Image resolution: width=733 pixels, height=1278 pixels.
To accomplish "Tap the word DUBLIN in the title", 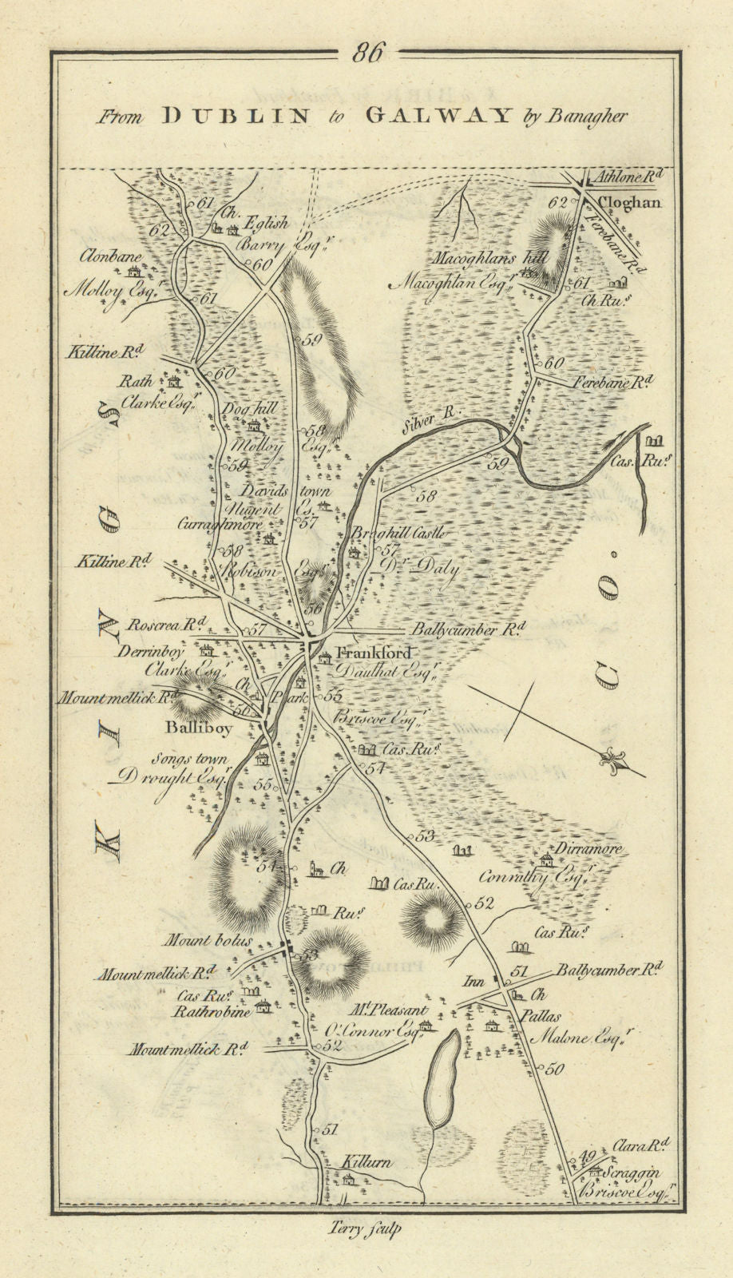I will click(236, 115).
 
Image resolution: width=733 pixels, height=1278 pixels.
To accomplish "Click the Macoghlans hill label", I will click(487, 259).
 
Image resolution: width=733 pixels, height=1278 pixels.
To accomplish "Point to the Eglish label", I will click(267, 224).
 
